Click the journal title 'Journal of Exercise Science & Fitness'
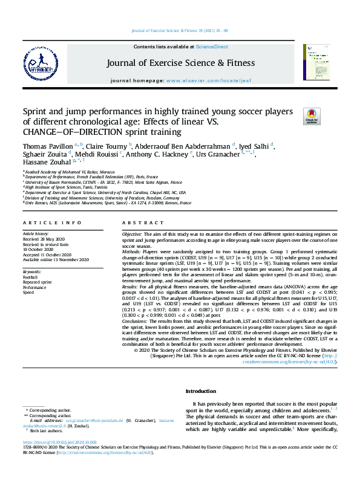180,62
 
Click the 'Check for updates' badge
312,117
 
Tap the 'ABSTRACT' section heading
140,223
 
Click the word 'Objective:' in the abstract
132,234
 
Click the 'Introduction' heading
200,392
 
